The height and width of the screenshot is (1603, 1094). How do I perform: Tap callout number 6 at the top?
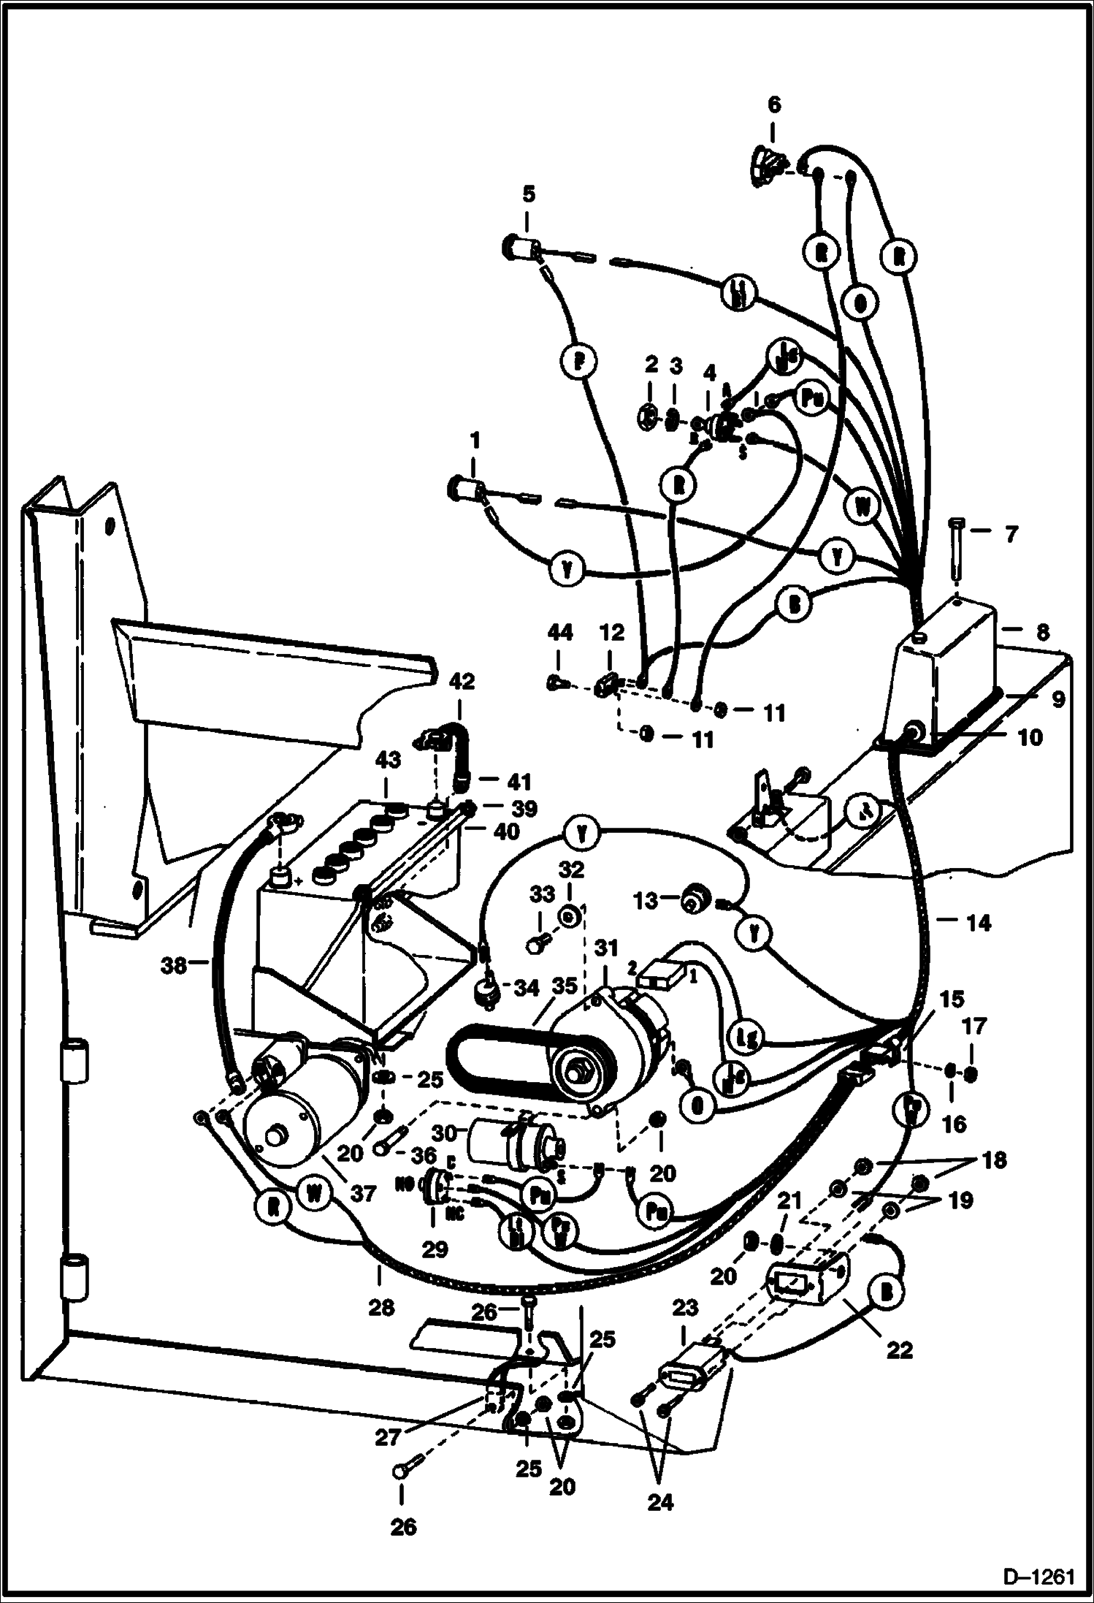773,104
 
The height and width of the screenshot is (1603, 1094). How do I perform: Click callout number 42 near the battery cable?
461,682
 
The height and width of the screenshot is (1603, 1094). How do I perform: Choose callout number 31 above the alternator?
605,948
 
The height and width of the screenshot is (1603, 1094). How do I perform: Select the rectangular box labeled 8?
949,658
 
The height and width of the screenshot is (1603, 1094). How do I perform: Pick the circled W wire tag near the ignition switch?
864,506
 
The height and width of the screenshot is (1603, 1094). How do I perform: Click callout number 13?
646,901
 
